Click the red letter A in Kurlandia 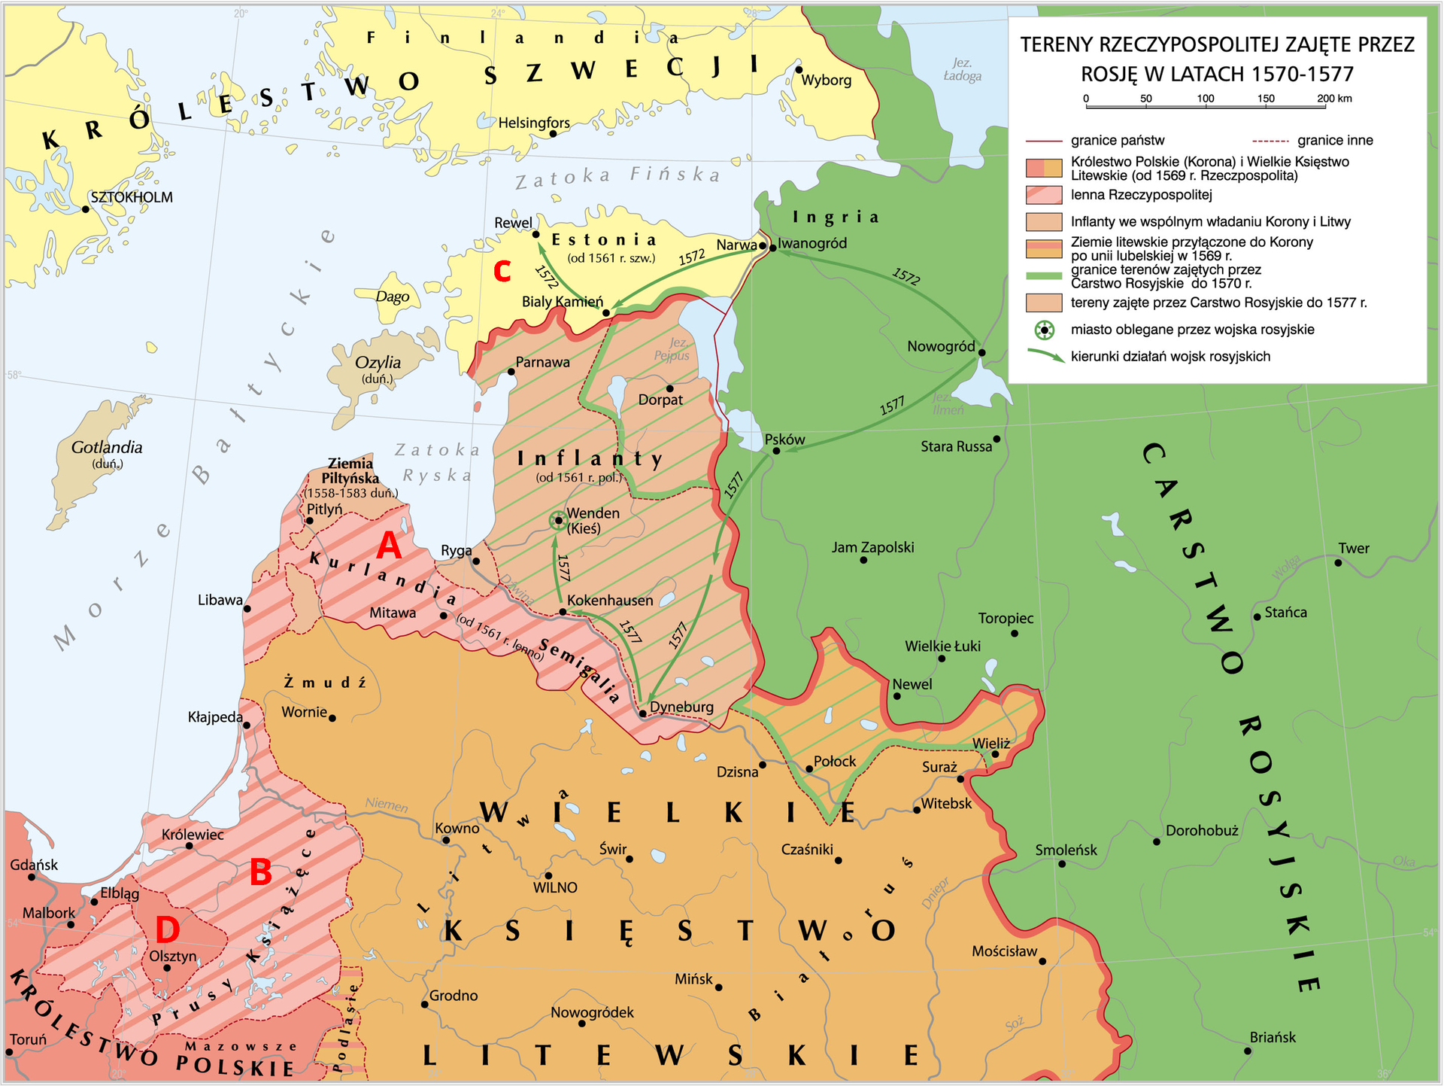(x=389, y=546)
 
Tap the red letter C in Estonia (x=502, y=271)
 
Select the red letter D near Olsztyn (x=167, y=930)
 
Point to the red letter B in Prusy (x=260, y=873)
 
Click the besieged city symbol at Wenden (x=558, y=520)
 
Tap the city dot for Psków (x=776, y=451)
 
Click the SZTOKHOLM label (x=132, y=197)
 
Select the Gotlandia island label (x=107, y=447)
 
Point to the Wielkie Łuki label (x=942, y=646)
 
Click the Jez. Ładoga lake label (x=962, y=69)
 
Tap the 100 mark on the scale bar (x=1206, y=99)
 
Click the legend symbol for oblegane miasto (x=1044, y=330)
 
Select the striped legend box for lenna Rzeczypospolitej (x=1044, y=195)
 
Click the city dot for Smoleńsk (x=1062, y=863)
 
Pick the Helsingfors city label (x=534, y=123)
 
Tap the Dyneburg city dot (x=643, y=713)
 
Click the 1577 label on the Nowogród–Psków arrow (x=892, y=406)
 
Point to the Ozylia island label (x=378, y=362)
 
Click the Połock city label (x=835, y=761)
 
